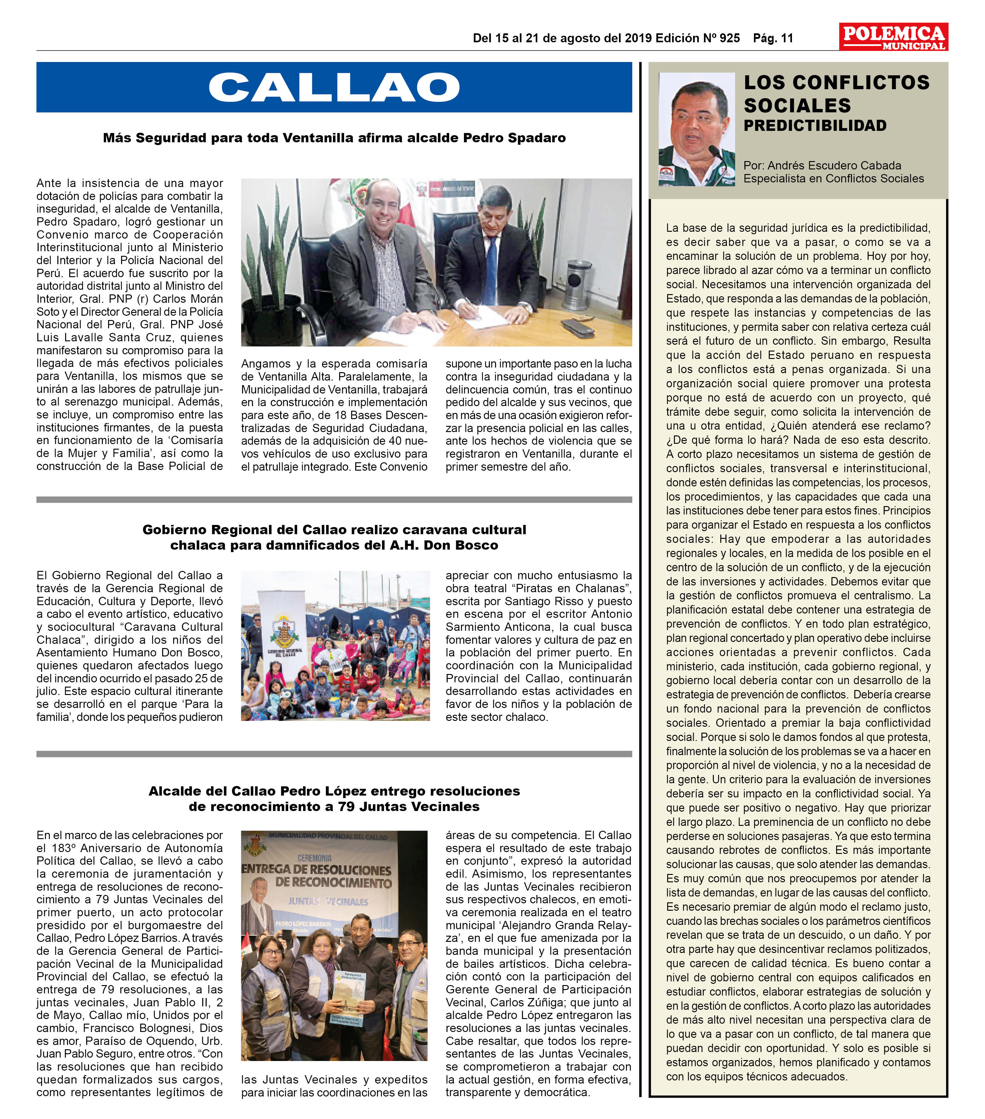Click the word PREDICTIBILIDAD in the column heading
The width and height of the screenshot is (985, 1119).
(x=814, y=126)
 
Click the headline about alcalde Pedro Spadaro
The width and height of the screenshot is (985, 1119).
(x=334, y=138)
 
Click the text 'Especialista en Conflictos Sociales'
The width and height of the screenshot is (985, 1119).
(x=833, y=178)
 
